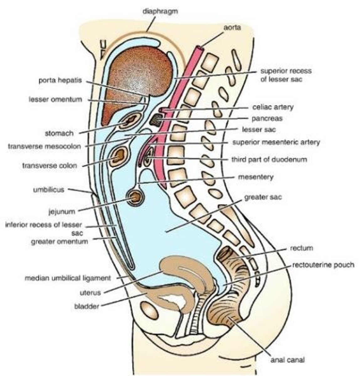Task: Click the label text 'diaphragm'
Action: pos(160,12)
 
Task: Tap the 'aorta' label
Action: pos(232,28)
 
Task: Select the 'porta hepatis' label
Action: pos(60,81)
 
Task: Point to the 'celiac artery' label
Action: pos(273,107)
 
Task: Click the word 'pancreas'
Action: pos(267,118)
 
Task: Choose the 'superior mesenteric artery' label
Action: pos(276,142)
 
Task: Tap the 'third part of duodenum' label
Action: pos(269,159)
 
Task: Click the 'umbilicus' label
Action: pos(49,190)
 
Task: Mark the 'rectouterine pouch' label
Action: pos(323,265)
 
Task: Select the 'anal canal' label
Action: pos(287,360)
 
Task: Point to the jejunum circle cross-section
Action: pos(135,198)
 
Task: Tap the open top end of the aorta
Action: pos(199,48)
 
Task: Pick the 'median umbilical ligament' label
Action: pos(68,278)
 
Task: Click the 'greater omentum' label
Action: pos(60,241)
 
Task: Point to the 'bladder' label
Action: pos(86,306)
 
